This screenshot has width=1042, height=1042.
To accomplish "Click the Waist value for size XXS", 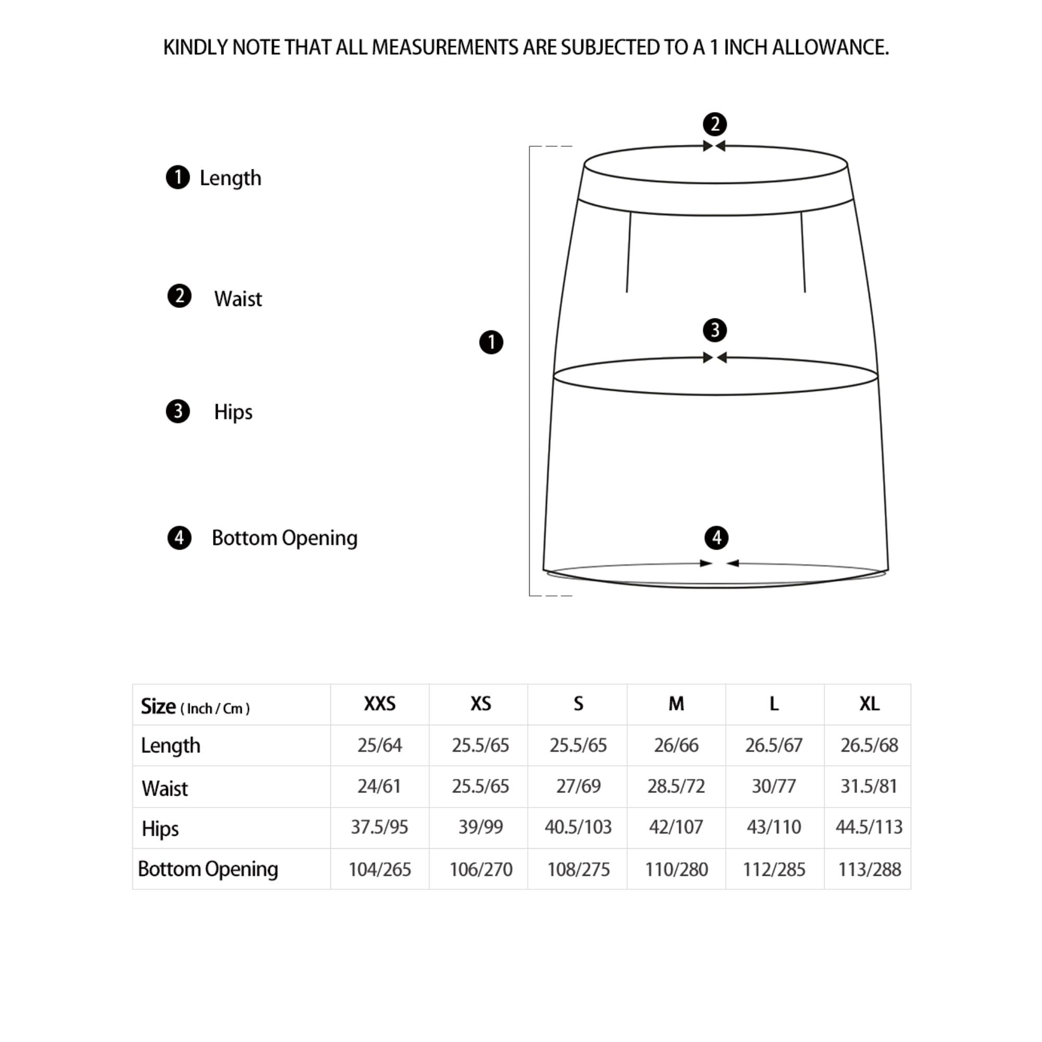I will (379, 786).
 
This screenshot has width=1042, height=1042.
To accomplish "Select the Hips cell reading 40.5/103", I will (578, 827).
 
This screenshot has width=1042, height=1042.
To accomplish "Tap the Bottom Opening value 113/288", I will (869, 870).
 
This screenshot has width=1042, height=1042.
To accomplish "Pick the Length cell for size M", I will (676, 745).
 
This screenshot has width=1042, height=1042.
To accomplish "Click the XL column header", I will (869, 703).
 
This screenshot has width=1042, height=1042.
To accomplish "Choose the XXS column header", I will (379, 703).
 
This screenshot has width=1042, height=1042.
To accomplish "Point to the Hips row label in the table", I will (160, 828).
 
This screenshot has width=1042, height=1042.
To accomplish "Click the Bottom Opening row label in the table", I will (208, 869).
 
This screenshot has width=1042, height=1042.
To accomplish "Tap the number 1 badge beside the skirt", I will (491, 342).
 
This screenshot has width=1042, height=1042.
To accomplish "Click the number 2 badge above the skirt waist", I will (715, 124).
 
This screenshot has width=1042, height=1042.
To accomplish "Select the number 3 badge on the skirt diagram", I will (715, 330).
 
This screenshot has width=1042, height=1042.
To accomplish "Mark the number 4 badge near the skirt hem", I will (716, 538).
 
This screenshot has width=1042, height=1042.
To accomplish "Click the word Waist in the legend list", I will (238, 299).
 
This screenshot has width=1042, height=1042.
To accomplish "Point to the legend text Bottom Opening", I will (284, 538).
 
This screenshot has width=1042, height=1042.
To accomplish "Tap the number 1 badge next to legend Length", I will (178, 178).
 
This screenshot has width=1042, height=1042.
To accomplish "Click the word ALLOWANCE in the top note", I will (830, 47).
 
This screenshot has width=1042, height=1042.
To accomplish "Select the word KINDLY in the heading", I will (195, 47).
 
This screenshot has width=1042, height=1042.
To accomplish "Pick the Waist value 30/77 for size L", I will (773, 786).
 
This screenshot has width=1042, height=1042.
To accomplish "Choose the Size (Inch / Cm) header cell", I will (195, 706).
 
